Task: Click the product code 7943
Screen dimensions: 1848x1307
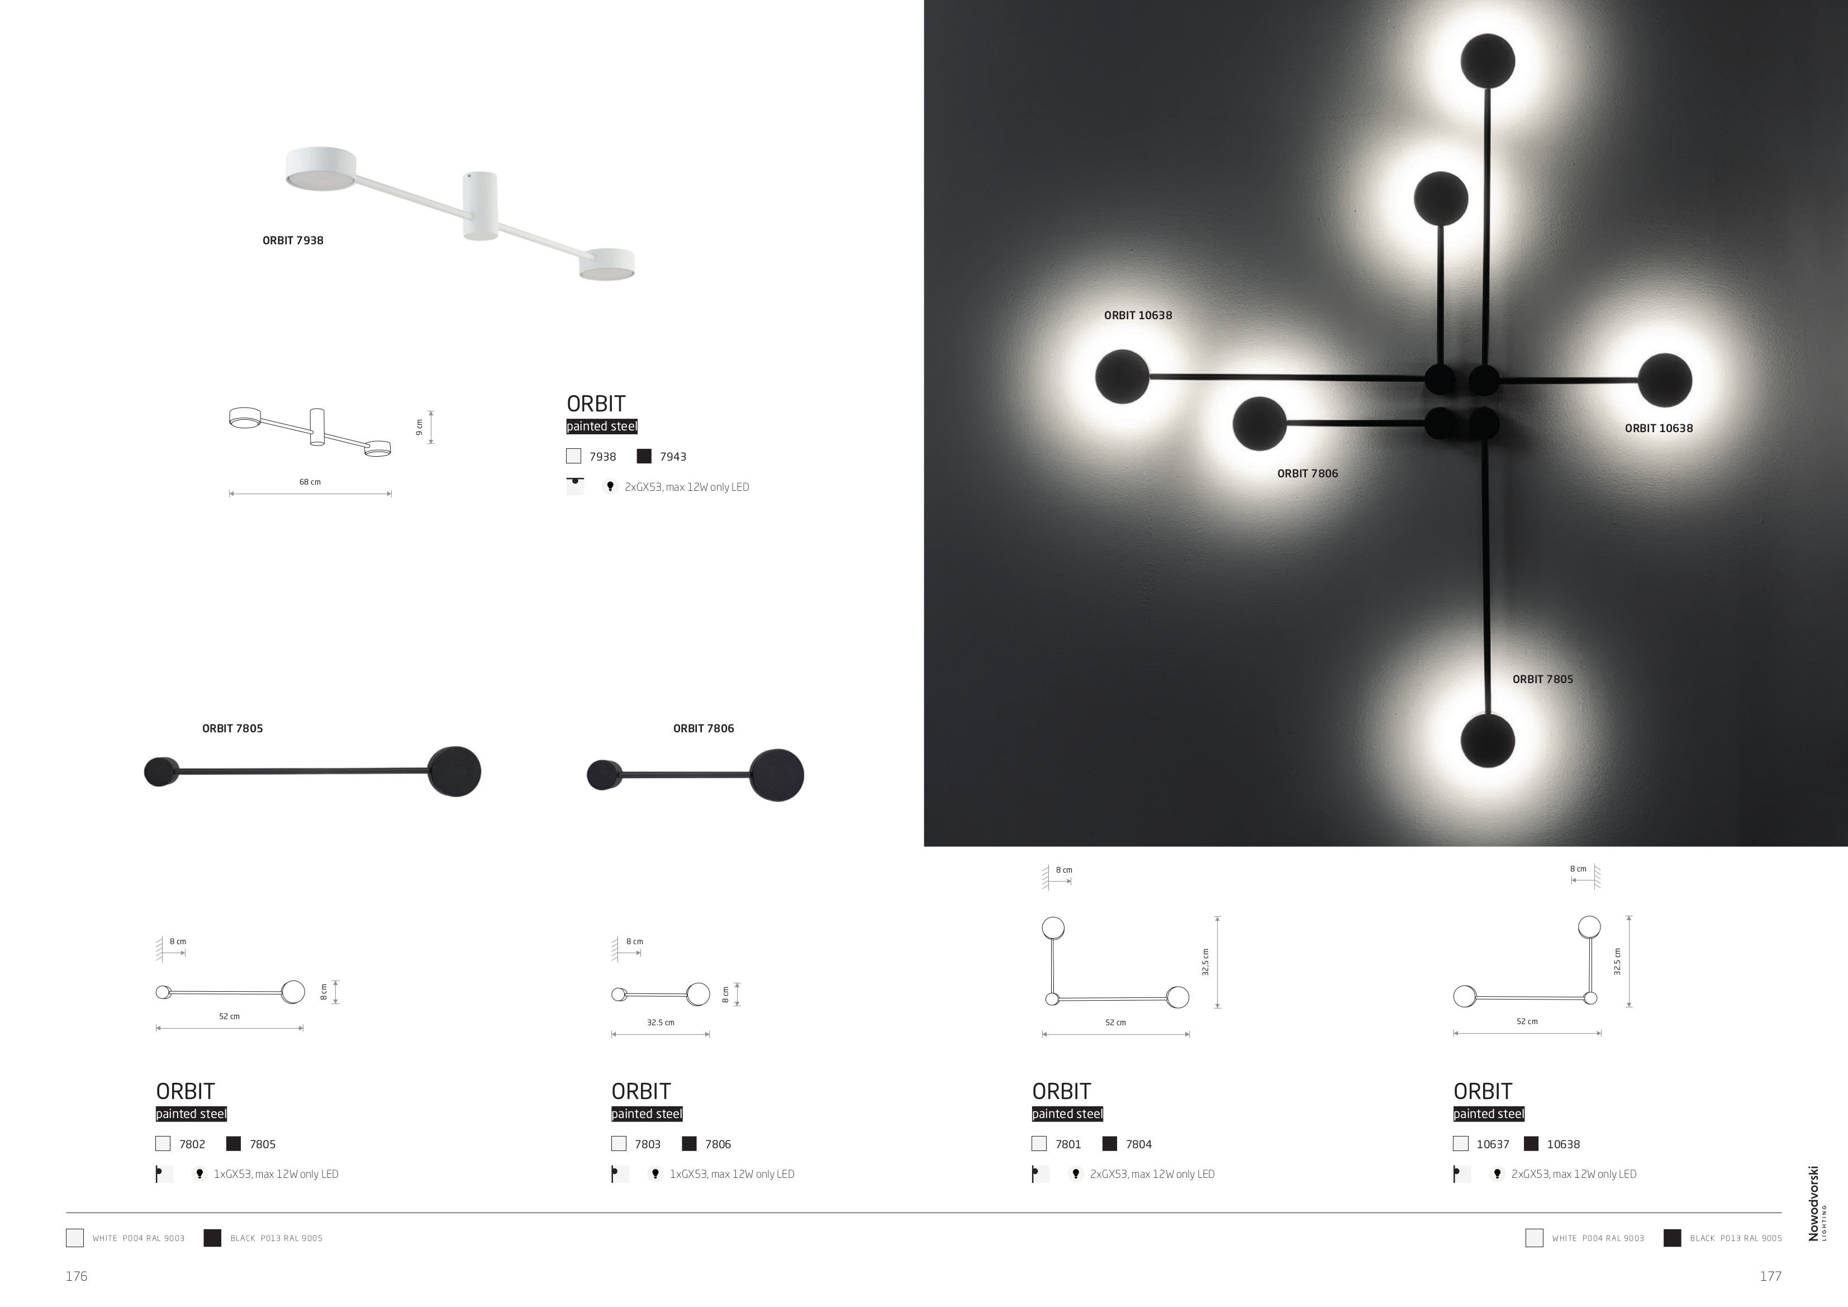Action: pyautogui.click(x=673, y=457)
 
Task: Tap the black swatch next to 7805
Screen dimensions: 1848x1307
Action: pyautogui.click(x=234, y=1144)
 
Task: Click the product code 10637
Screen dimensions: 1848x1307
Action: pyautogui.click(x=1493, y=1144)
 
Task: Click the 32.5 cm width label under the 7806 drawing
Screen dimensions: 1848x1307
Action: pyautogui.click(x=661, y=1022)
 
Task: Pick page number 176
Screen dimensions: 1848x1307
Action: pyautogui.click(x=77, y=1276)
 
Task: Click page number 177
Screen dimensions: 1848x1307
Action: pyautogui.click(x=1771, y=1276)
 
